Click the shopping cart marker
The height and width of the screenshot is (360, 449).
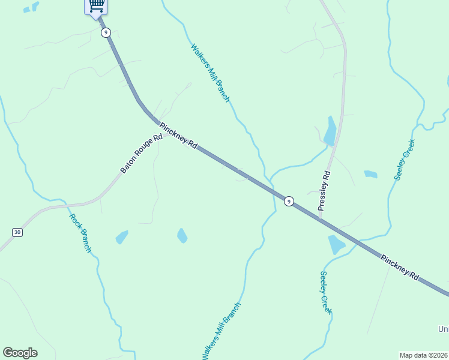[x=96, y=6]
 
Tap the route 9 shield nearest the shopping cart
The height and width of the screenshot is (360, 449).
[x=106, y=32]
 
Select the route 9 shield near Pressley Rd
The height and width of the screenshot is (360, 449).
[x=289, y=201]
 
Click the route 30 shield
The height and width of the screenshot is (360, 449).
[x=17, y=232]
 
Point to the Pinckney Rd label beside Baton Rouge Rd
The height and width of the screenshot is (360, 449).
[x=178, y=136]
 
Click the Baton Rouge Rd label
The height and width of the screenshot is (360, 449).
[x=142, y=154]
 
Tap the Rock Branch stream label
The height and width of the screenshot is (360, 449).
[x=80, y=233]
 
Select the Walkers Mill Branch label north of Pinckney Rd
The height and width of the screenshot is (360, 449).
[x=210, y=73]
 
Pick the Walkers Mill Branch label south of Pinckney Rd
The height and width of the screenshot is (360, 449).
[x=221, y=331]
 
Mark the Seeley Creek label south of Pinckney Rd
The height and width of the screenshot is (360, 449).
[x=325, y=293]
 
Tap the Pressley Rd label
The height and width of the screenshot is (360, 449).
[x=324, y=190]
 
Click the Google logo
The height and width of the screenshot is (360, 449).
[x=20, y=353]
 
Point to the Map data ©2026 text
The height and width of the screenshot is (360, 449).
[x=424, y=355]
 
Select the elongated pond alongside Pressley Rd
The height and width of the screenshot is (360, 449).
[x=330, y=131]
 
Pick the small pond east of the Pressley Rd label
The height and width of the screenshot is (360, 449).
[x=370, y=175]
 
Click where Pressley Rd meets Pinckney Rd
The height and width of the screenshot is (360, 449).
[x=319, y=218]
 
